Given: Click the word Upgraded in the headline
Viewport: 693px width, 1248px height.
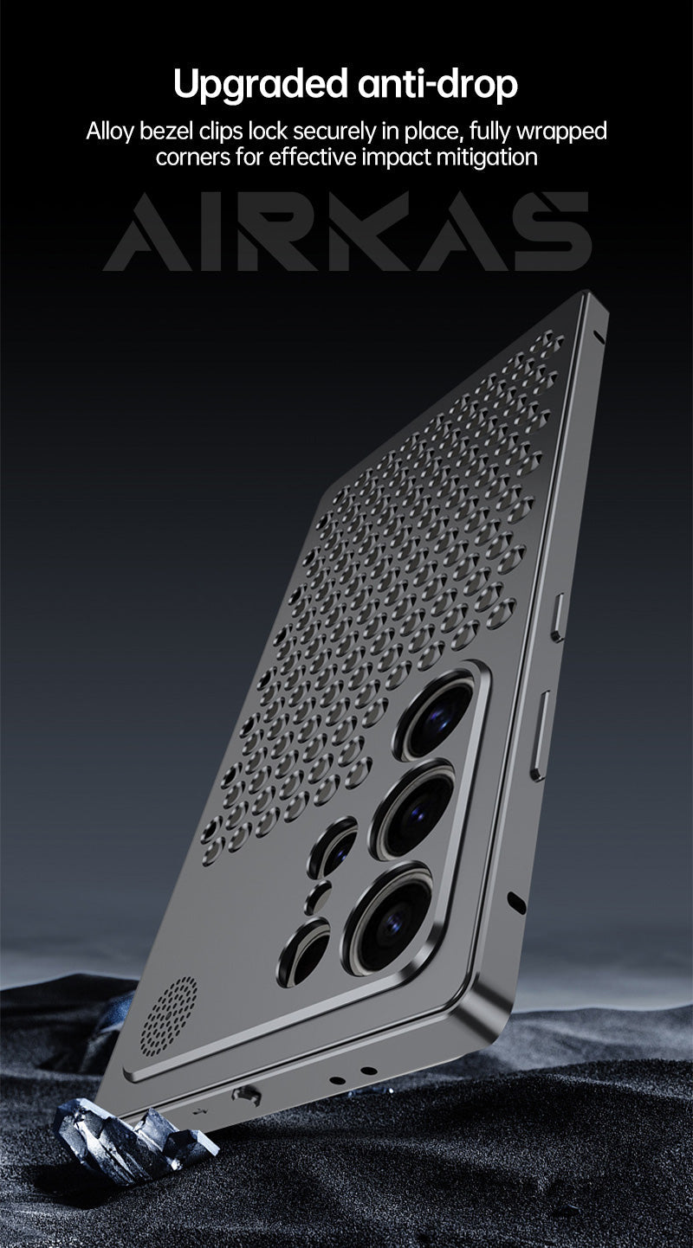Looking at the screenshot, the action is coord(261,85).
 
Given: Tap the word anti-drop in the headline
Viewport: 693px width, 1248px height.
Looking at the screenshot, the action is coord(438,84).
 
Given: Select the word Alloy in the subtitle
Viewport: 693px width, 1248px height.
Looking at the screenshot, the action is coord(110,132).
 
